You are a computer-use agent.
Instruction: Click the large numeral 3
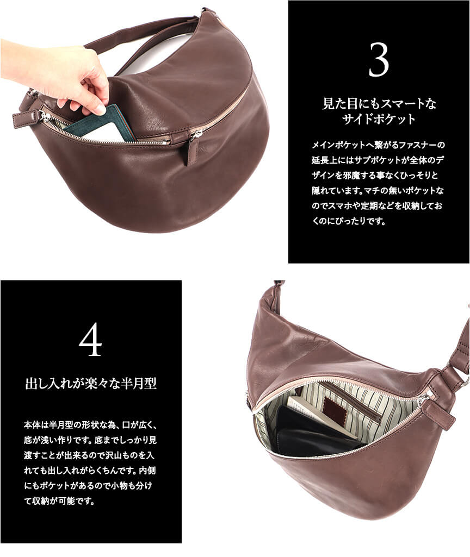(x=379, y=60)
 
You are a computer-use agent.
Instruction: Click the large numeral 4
(x=90, y=340)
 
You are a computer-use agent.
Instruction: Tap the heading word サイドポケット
(x=379, y=119)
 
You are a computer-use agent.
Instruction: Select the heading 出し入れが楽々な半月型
(x=91, y=383)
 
